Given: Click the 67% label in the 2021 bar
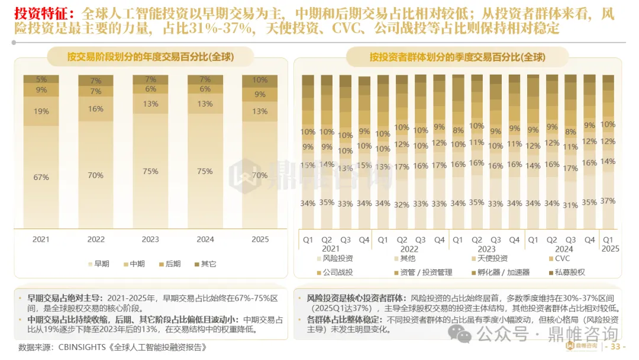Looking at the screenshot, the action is pyautogui.click(x=41, y=178).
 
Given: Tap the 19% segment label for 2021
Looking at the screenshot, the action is pyautogui.click(x=41, y=111).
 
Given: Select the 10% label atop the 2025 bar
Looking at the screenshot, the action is pyautogui.click(x=260, y=80).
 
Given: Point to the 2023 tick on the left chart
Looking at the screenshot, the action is pyautogui.click(x=150, y=239).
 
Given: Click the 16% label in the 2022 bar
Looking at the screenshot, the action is pyautogui.click(x=96, y=109).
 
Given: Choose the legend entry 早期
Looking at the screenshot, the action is pyautogui.click(x=99, y=263).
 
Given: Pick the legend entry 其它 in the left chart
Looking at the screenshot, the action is pyautogui.click(x=205, y=263).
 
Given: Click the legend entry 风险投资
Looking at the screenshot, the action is pyautogui.click(x=334, y=259).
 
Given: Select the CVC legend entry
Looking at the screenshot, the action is pyautogui.click(x=560, y=259).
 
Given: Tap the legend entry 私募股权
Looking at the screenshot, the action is pyautogui.click(x=567, y=272).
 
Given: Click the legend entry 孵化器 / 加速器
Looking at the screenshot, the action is pyautogui.click(x=501, y=272).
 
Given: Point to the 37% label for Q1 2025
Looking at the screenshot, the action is pyautogui.click(x=608, y=201).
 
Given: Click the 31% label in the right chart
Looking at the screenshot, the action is pyautogui.click(x=570, y=205).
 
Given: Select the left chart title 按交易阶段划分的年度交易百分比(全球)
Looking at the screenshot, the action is pyautogui.click(x=151, y=57).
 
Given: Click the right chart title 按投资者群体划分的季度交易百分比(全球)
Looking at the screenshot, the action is pyautogui.click(x=457, y=57).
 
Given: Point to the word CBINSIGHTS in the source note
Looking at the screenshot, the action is pyautogui.click(x=82, y=348).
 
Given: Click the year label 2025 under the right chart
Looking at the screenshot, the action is pyautogui.click(x=610, y=249).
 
